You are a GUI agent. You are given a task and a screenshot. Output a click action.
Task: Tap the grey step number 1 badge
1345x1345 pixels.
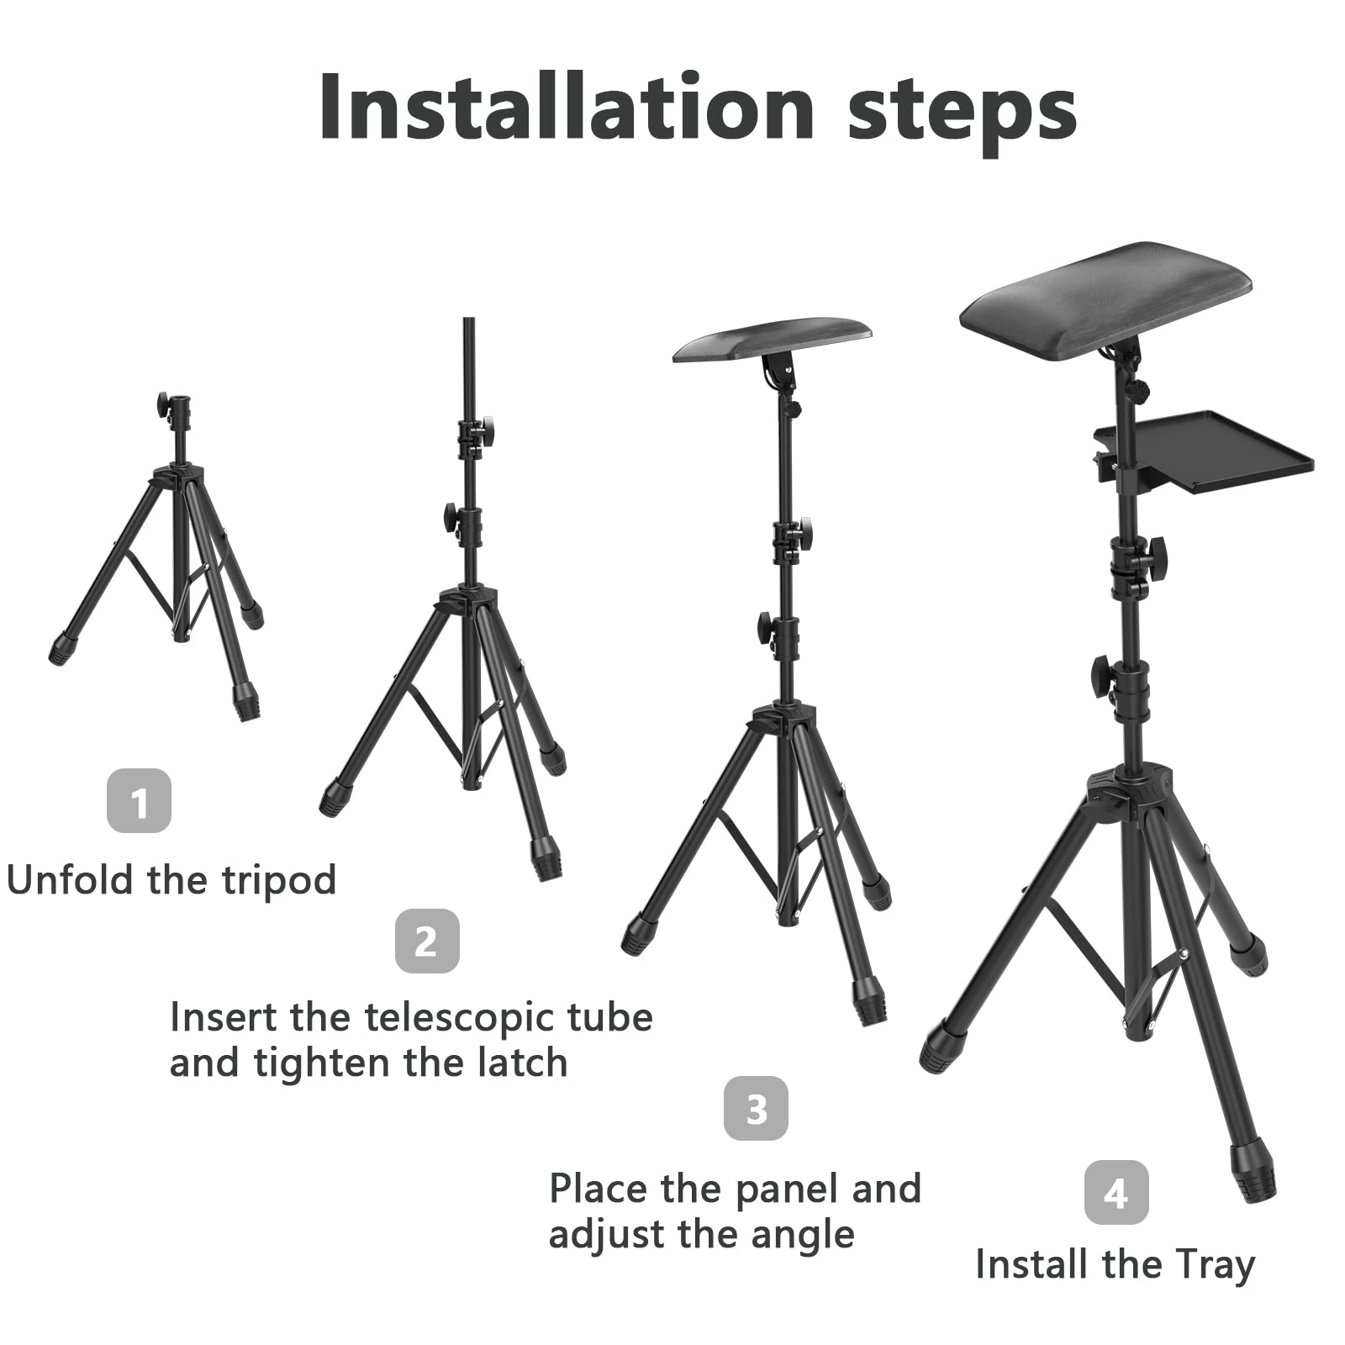(x=139, y=800)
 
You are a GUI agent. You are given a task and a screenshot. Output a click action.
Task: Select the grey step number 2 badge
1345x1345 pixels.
(x=427, y=941)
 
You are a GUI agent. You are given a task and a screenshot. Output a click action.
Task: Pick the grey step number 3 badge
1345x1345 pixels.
(x=757, y=1108)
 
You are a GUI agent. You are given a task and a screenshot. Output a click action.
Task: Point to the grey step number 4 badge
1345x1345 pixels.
(x=1116, y=1192)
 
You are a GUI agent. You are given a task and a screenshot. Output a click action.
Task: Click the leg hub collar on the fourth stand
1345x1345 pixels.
(x=1131, y=786)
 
